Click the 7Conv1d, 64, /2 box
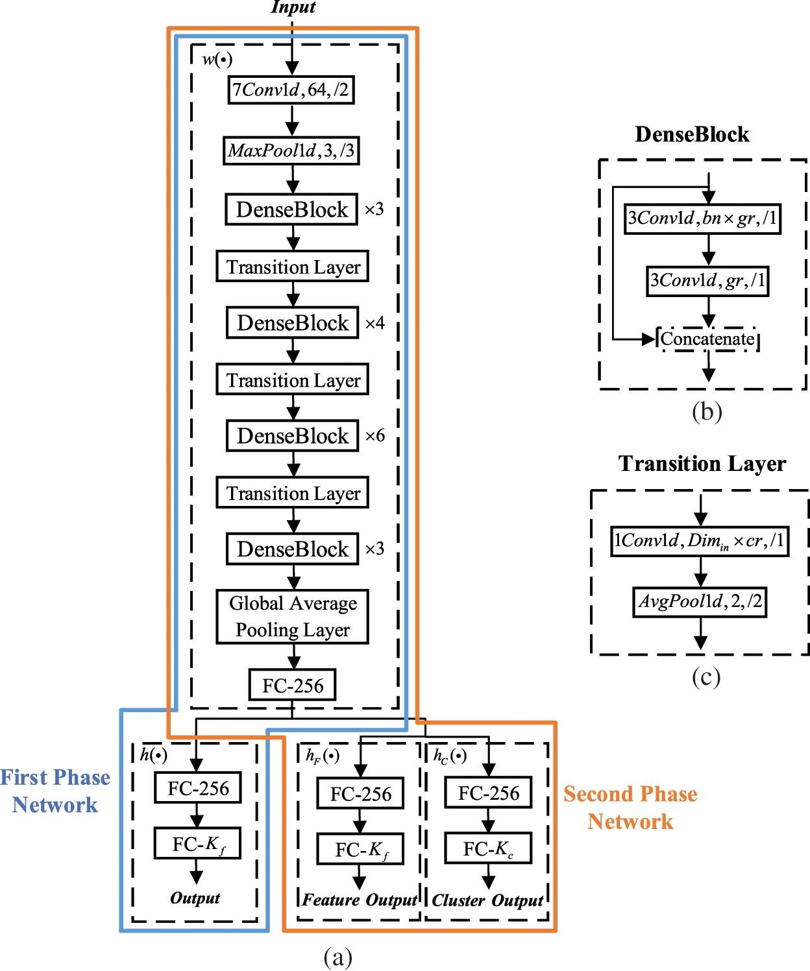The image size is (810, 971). pos(291,90)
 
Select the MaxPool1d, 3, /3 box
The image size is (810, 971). pos(291,150)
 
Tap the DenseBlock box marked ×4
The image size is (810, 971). pos(292,322)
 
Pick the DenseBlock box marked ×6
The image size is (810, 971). pos(292,436)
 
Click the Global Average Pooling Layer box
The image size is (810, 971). pos(292,616)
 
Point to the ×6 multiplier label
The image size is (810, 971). pos(375,435)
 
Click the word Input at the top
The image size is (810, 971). pos(293,8)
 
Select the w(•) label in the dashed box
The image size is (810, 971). pos(217,60)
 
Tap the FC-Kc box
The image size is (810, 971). pos(488,848)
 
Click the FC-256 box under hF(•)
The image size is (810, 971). pos(360,794)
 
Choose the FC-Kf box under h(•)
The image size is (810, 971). pos(198,844)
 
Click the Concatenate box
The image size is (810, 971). pos(707,339)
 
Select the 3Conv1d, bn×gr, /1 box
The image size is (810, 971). pos(702,218)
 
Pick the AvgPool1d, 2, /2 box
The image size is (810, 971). pos(700,601)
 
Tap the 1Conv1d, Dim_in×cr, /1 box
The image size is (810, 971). pos(700,541)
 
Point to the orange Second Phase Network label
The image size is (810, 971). pos(630,808)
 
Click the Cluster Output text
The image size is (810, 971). pos(487,900)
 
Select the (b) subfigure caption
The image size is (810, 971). pos(707,412)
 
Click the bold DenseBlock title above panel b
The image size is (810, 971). pos(692,134)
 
